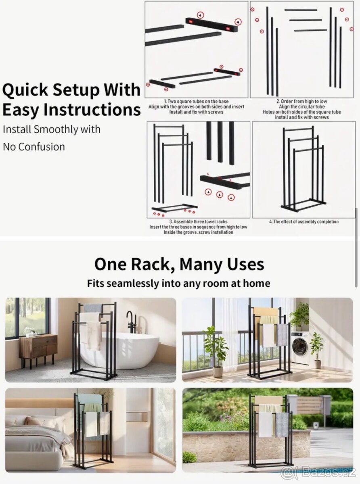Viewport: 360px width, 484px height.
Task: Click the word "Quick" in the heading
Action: (x=25, y=90)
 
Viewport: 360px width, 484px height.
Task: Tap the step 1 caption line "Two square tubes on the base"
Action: (x=196, y=102)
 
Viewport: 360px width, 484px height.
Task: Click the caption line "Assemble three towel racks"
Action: (x=199, y=222)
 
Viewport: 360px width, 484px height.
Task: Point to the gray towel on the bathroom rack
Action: (x=93, y=308)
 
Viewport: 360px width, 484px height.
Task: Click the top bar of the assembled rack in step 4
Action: (x=299, y=128)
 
